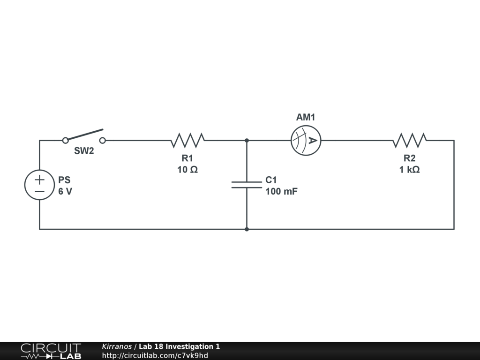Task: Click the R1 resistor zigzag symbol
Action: click(x=187, y=140)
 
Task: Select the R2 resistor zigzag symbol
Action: click(x=410, y=140)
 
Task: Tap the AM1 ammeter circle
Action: click(x=306, y=140)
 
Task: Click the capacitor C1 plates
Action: click(x=247, y=185)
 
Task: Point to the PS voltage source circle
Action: click(x=39, y=185)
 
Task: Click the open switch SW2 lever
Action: click(x=84, y=135)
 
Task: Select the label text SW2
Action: click(x=84, y=151)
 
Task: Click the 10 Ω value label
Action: click(x=187, y=170)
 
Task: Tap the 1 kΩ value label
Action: click(x=410, y=170)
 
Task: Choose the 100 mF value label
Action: click(x=281, y=191)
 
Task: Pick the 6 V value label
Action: click(x=66, y=191)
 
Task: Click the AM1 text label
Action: click(x=306, y=117)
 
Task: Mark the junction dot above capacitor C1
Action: click(x=247, y=140)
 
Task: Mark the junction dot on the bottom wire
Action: click(x=247, y=229)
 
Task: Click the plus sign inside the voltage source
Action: click(x=39, y=179)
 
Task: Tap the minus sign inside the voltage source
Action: click(x=39, y=191)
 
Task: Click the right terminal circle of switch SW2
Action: click(x=103, y=140)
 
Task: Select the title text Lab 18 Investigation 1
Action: click(x=179, y=346)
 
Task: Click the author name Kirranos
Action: click(x=117, y=346)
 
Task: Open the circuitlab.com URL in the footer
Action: click(x=155, y=355)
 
